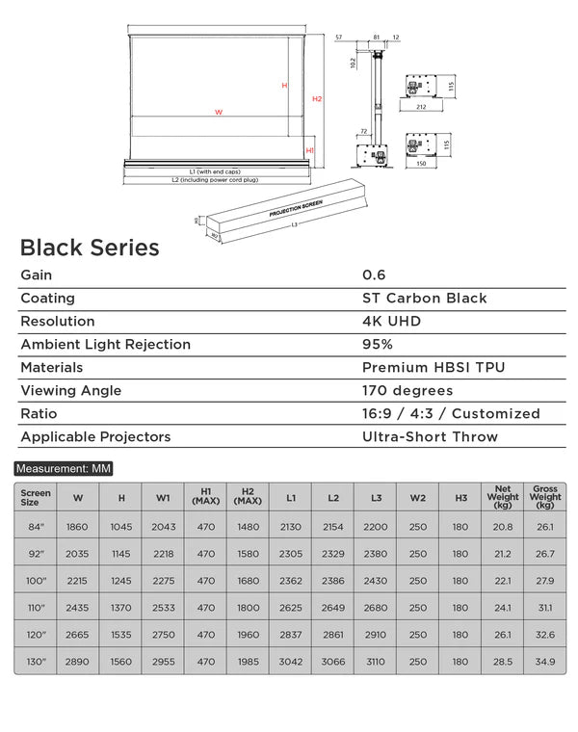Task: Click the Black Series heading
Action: (x=90, y=248)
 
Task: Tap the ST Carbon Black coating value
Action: (x=424, y=299)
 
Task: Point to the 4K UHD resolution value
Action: (x=392, y=322)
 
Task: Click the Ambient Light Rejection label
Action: (x=106, y=345)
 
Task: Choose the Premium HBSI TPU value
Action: (x=433, y=368)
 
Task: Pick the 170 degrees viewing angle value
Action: (x=407, y=391)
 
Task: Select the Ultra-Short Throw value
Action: (x=430, y=437)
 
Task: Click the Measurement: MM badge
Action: (x=64, y=469)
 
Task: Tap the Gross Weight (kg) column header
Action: (x=545, y=497)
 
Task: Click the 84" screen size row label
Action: (x=36, y=527)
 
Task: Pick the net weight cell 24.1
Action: (x=503, y=608)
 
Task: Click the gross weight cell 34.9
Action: (x=545, y=663)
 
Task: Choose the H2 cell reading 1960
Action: (x=248, y=636)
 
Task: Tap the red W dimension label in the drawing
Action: (x=219, y=113)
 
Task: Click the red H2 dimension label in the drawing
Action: (x=317, y=99)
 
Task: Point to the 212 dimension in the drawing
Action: (x=421, y=108)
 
